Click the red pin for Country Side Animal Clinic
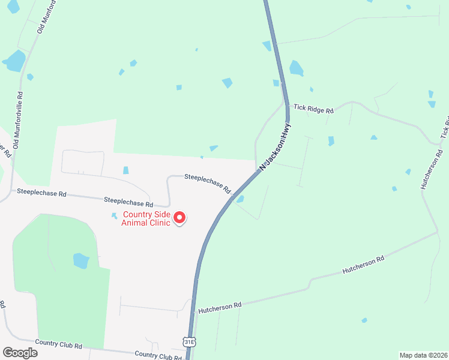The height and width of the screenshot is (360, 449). coord(179,218)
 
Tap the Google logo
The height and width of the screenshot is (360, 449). coord(20,353)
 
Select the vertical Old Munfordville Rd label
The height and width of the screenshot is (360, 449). coord(18,120)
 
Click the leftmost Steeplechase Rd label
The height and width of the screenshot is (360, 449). coord(41,193)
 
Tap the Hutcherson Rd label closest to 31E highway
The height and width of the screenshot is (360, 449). coord(220,305)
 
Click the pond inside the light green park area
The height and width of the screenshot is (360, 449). coord(81,260)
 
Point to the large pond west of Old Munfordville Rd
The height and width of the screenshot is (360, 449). coord(14,61)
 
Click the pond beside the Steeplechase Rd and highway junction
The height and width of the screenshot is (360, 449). coord(240,199)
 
